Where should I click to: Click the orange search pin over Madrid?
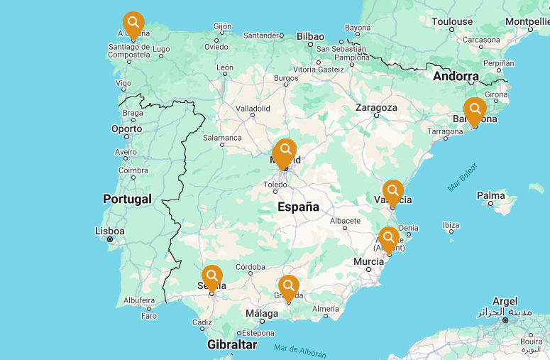285,151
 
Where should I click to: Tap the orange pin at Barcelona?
475,109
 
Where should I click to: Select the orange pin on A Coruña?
133,23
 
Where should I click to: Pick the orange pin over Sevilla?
211,276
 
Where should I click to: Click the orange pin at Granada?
288,287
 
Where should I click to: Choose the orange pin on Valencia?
392,191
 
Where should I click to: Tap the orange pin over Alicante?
388,238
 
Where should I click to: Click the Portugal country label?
127,199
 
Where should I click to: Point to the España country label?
298,207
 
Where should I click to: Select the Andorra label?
456,76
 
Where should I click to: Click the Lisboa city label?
110,231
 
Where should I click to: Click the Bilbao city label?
310,36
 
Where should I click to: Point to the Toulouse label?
451,21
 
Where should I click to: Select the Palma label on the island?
490,195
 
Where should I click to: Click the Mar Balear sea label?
462,178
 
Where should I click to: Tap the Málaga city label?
262,313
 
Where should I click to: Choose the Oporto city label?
126,129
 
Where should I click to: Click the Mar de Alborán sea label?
299,349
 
